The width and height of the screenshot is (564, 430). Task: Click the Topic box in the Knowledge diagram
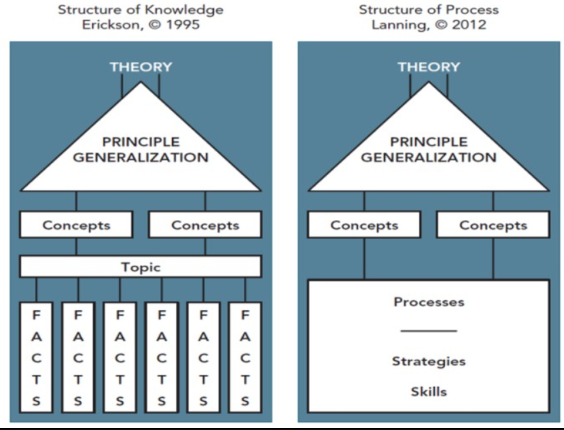(x=140, y=267)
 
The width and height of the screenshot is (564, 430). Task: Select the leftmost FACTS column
(x=37, y=357)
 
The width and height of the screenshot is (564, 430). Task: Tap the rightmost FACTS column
(x=245, y=357)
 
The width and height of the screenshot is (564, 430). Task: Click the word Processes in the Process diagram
(x=429, y=302)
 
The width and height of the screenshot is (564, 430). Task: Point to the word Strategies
(x=429, y=361)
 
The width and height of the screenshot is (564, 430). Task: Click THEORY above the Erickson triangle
(x=140, y=67)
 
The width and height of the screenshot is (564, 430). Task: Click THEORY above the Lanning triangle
(x=429, y=67)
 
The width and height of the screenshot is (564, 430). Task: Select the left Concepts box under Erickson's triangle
(x=76, y=225)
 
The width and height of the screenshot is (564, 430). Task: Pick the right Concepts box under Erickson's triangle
(x=205, y=225)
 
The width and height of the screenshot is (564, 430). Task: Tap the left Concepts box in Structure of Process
(x=364, y=225)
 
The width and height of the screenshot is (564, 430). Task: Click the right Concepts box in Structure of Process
(x=493, y=225)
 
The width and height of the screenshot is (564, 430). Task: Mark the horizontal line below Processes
(x=429, y=331)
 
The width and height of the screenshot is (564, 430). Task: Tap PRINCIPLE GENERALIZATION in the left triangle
(x=140, y=150)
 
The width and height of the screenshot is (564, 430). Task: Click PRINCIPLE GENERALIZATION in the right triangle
(x=429, y=150)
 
